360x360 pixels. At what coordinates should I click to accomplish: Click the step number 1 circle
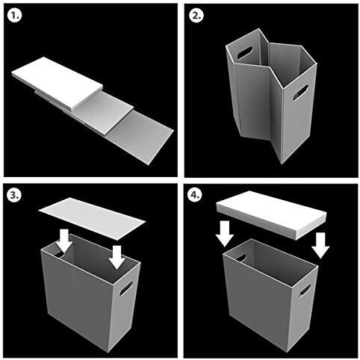coord(15,15)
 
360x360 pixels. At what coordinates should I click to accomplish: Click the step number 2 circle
coord(196,15)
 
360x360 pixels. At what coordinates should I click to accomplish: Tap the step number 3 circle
coord(15,194)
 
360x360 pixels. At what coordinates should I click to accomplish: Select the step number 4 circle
coord(195,194)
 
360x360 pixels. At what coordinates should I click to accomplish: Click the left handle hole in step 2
coord(245,53)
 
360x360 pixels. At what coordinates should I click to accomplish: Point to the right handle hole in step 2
coord(300,93)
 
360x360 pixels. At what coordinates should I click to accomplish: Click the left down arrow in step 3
coord(64,240)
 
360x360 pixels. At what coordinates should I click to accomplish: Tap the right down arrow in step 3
coord(117,257)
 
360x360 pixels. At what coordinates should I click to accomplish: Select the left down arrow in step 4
coord(225,233)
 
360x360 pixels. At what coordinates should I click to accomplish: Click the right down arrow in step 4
coord(320,246)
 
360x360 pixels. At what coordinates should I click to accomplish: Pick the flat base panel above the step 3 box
coord(92,218)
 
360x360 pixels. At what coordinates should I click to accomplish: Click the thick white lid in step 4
coord(271,215)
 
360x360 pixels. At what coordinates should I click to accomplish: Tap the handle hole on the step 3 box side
coord(125,288)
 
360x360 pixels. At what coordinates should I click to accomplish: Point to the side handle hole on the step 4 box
coord(305,290)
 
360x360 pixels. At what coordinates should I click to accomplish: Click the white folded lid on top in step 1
coord(58,84)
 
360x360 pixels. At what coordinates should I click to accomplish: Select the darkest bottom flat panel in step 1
coord(140,137)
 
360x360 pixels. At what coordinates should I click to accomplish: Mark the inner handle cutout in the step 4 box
coord(241,258)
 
